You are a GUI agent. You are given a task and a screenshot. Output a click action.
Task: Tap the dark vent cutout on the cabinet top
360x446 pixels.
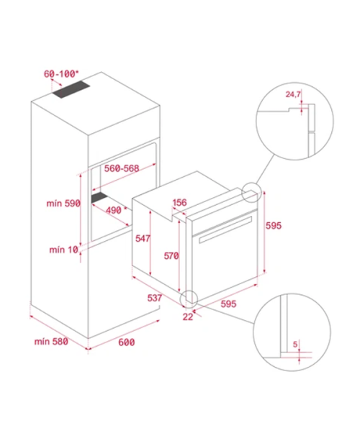(x=71, y=90)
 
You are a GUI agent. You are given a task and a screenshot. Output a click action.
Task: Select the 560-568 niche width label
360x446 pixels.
(x=122, y=168)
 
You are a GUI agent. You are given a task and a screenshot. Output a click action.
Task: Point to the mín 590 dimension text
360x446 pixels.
(x=63, y=204)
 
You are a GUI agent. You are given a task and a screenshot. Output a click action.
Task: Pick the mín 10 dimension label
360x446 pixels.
(x=64, y=250)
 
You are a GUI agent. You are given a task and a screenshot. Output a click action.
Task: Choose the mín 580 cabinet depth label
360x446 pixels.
(x=51, y=341)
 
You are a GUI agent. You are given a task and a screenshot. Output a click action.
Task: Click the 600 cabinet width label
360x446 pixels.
(x=126, y=342)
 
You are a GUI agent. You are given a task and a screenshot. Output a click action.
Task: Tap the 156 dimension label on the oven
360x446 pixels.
(x=179, y=203)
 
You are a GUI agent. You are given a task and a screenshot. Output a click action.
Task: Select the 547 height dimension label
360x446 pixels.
(x=143, y=238)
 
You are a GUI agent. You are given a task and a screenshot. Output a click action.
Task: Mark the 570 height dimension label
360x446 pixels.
(x=171, y=256)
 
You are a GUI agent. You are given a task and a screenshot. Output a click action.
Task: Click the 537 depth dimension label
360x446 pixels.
(x=155, y=298)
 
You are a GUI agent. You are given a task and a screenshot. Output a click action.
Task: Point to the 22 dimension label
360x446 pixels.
(x=188, y=317)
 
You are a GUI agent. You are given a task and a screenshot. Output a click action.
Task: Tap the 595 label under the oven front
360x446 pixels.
(x=228, y=304)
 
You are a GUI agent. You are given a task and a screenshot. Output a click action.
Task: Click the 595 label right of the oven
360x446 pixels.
(x=274, y=226)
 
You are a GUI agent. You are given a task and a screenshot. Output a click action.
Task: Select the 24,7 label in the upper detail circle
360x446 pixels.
(x=293, y=94)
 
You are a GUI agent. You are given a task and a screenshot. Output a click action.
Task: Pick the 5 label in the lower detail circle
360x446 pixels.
(x=295, y=345)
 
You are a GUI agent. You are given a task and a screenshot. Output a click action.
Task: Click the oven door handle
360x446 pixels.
(x=225, y=229)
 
